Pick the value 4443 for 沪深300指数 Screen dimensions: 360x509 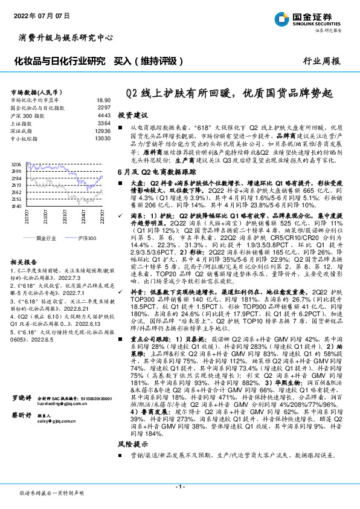click(x=104, y=114)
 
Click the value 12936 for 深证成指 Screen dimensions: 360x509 click(x=103, y=130)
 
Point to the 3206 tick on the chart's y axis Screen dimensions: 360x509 click(x=17, y=164)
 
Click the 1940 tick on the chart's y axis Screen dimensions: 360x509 click(x=17, y=206)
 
